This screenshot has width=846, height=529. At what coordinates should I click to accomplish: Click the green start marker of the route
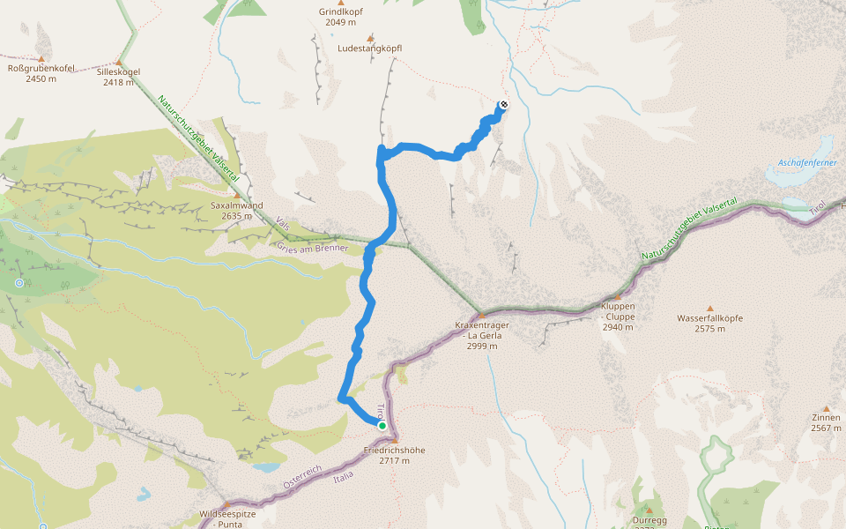pos(382,426)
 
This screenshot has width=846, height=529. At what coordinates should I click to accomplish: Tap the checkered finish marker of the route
pos(504,105)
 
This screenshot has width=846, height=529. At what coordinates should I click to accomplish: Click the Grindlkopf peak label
pos(340,18)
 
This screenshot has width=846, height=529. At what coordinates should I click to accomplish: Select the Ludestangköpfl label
pos(370,48)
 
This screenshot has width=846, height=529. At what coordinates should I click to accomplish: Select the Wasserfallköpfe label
pos(709,323)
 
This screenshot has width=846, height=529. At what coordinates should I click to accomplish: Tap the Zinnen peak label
pos(826,422)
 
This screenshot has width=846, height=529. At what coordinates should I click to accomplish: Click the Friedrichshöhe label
pos(395,455)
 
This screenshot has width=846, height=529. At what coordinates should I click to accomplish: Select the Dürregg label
pos(649,520)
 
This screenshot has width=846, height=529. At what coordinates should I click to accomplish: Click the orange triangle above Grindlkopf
pos(340,3)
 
